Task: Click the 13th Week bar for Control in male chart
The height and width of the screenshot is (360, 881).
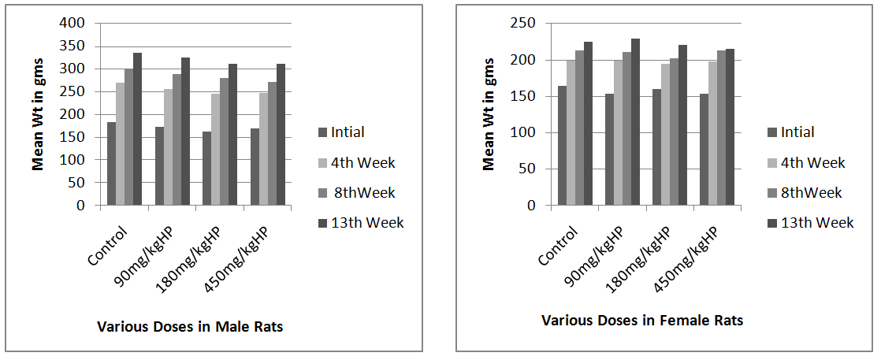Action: [x=137, y=129]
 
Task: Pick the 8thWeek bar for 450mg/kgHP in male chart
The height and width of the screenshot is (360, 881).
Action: [x=272, y=144]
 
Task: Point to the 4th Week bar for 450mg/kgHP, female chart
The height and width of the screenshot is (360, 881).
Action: [x=712, y=133]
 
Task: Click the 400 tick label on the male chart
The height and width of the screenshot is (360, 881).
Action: [x=72, y=23]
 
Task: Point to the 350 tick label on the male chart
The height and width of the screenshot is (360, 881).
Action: [x=72, y=46]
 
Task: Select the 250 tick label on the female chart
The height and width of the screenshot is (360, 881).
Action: [x=525, y=24]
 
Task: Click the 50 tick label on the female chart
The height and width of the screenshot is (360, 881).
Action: [x=529, y=169]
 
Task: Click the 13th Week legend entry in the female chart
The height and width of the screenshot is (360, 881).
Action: [x=816, y=223]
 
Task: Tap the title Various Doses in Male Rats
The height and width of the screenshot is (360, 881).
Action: [x=189, y=327]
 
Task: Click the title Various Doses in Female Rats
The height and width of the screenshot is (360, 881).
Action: [x=642, y=321]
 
